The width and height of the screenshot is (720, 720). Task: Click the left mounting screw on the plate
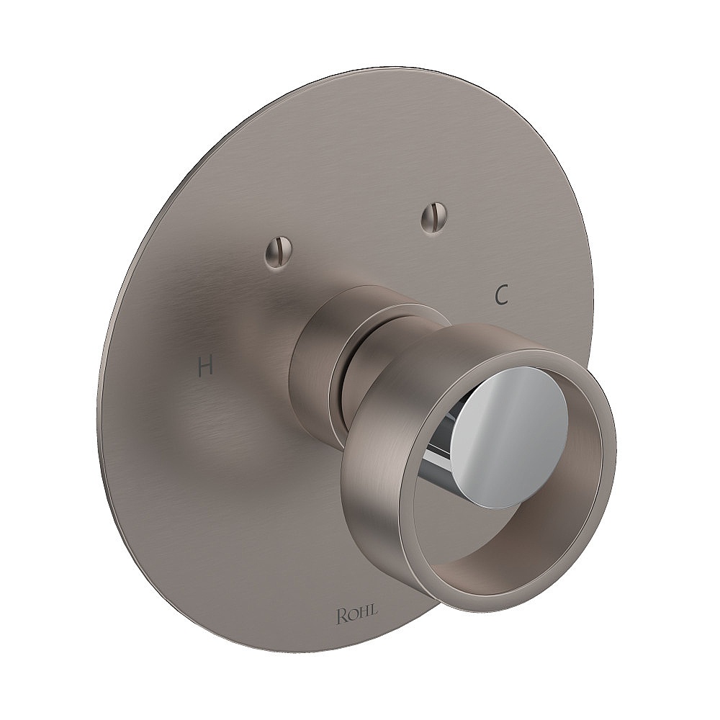[278, 253]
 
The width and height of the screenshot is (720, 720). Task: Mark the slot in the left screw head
[278, 253]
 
